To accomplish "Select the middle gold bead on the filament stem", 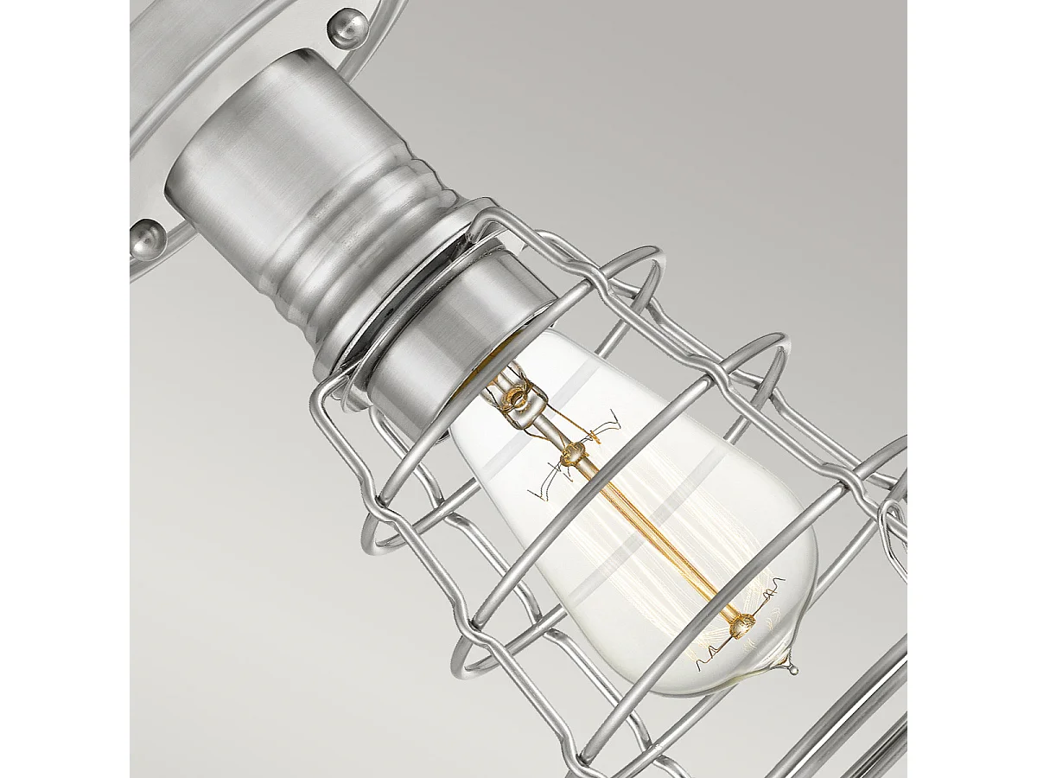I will tap(571, 450).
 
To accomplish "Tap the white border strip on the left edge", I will tap(65, 389).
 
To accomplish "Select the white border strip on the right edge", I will tap(972, 389).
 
